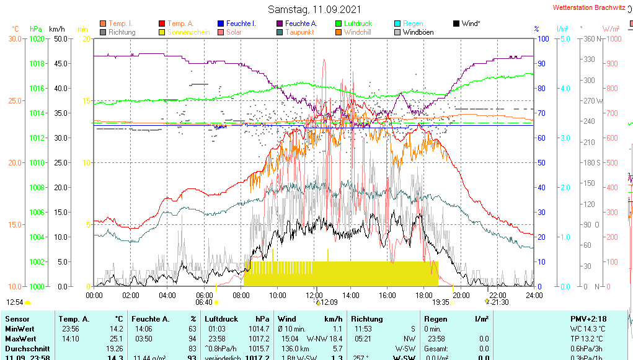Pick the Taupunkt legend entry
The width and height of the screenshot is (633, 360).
tap(299, 32)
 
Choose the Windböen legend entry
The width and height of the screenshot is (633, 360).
tap(418, 32)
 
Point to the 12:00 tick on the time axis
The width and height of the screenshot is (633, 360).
tap(314, 295)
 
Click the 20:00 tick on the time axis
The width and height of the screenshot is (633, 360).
tap(461, 295)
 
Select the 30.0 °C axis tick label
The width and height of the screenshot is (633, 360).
tap(15, 39)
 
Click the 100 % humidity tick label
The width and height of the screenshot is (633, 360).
tap(542, 39)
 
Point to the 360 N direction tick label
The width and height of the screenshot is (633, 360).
tap(587, 39)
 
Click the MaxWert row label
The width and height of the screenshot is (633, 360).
tap(21, 339)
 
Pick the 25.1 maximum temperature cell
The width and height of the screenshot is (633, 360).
tap(117, 339)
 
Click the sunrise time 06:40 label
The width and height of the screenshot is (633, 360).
tap(204, 302)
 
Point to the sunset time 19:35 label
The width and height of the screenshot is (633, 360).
tap(441, 302)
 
